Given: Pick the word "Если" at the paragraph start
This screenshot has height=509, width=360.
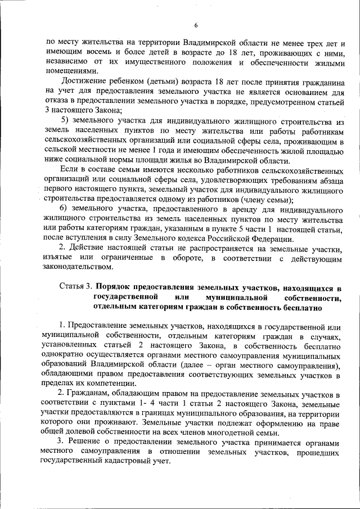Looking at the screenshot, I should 68,170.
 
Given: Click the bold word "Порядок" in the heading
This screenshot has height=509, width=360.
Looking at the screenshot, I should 114,288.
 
